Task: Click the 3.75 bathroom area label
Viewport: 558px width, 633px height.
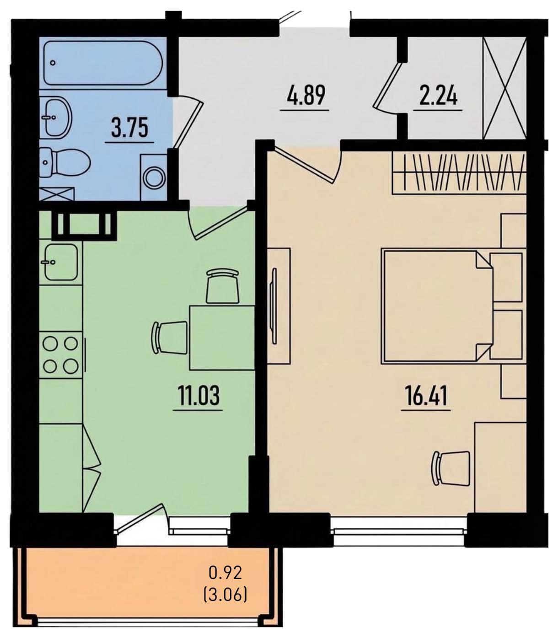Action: [x=129, y=127]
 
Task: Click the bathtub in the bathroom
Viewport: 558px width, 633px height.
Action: [x=103, y=63]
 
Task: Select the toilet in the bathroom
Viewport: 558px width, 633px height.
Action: [x=65, y=162]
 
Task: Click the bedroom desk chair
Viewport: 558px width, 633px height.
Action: [x=450, y=468]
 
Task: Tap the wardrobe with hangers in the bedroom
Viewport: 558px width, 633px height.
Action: [x=459, y=174]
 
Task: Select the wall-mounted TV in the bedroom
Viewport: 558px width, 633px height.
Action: [x=274, y=306]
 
